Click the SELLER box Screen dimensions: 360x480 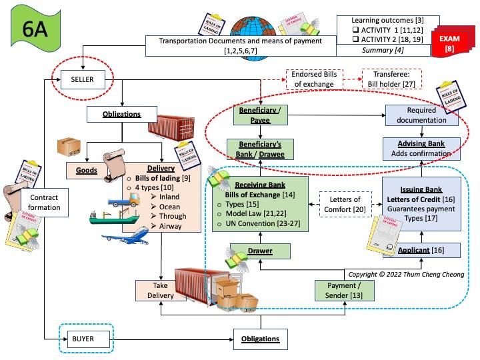point(83,80)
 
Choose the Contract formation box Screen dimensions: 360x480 point(44,203)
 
